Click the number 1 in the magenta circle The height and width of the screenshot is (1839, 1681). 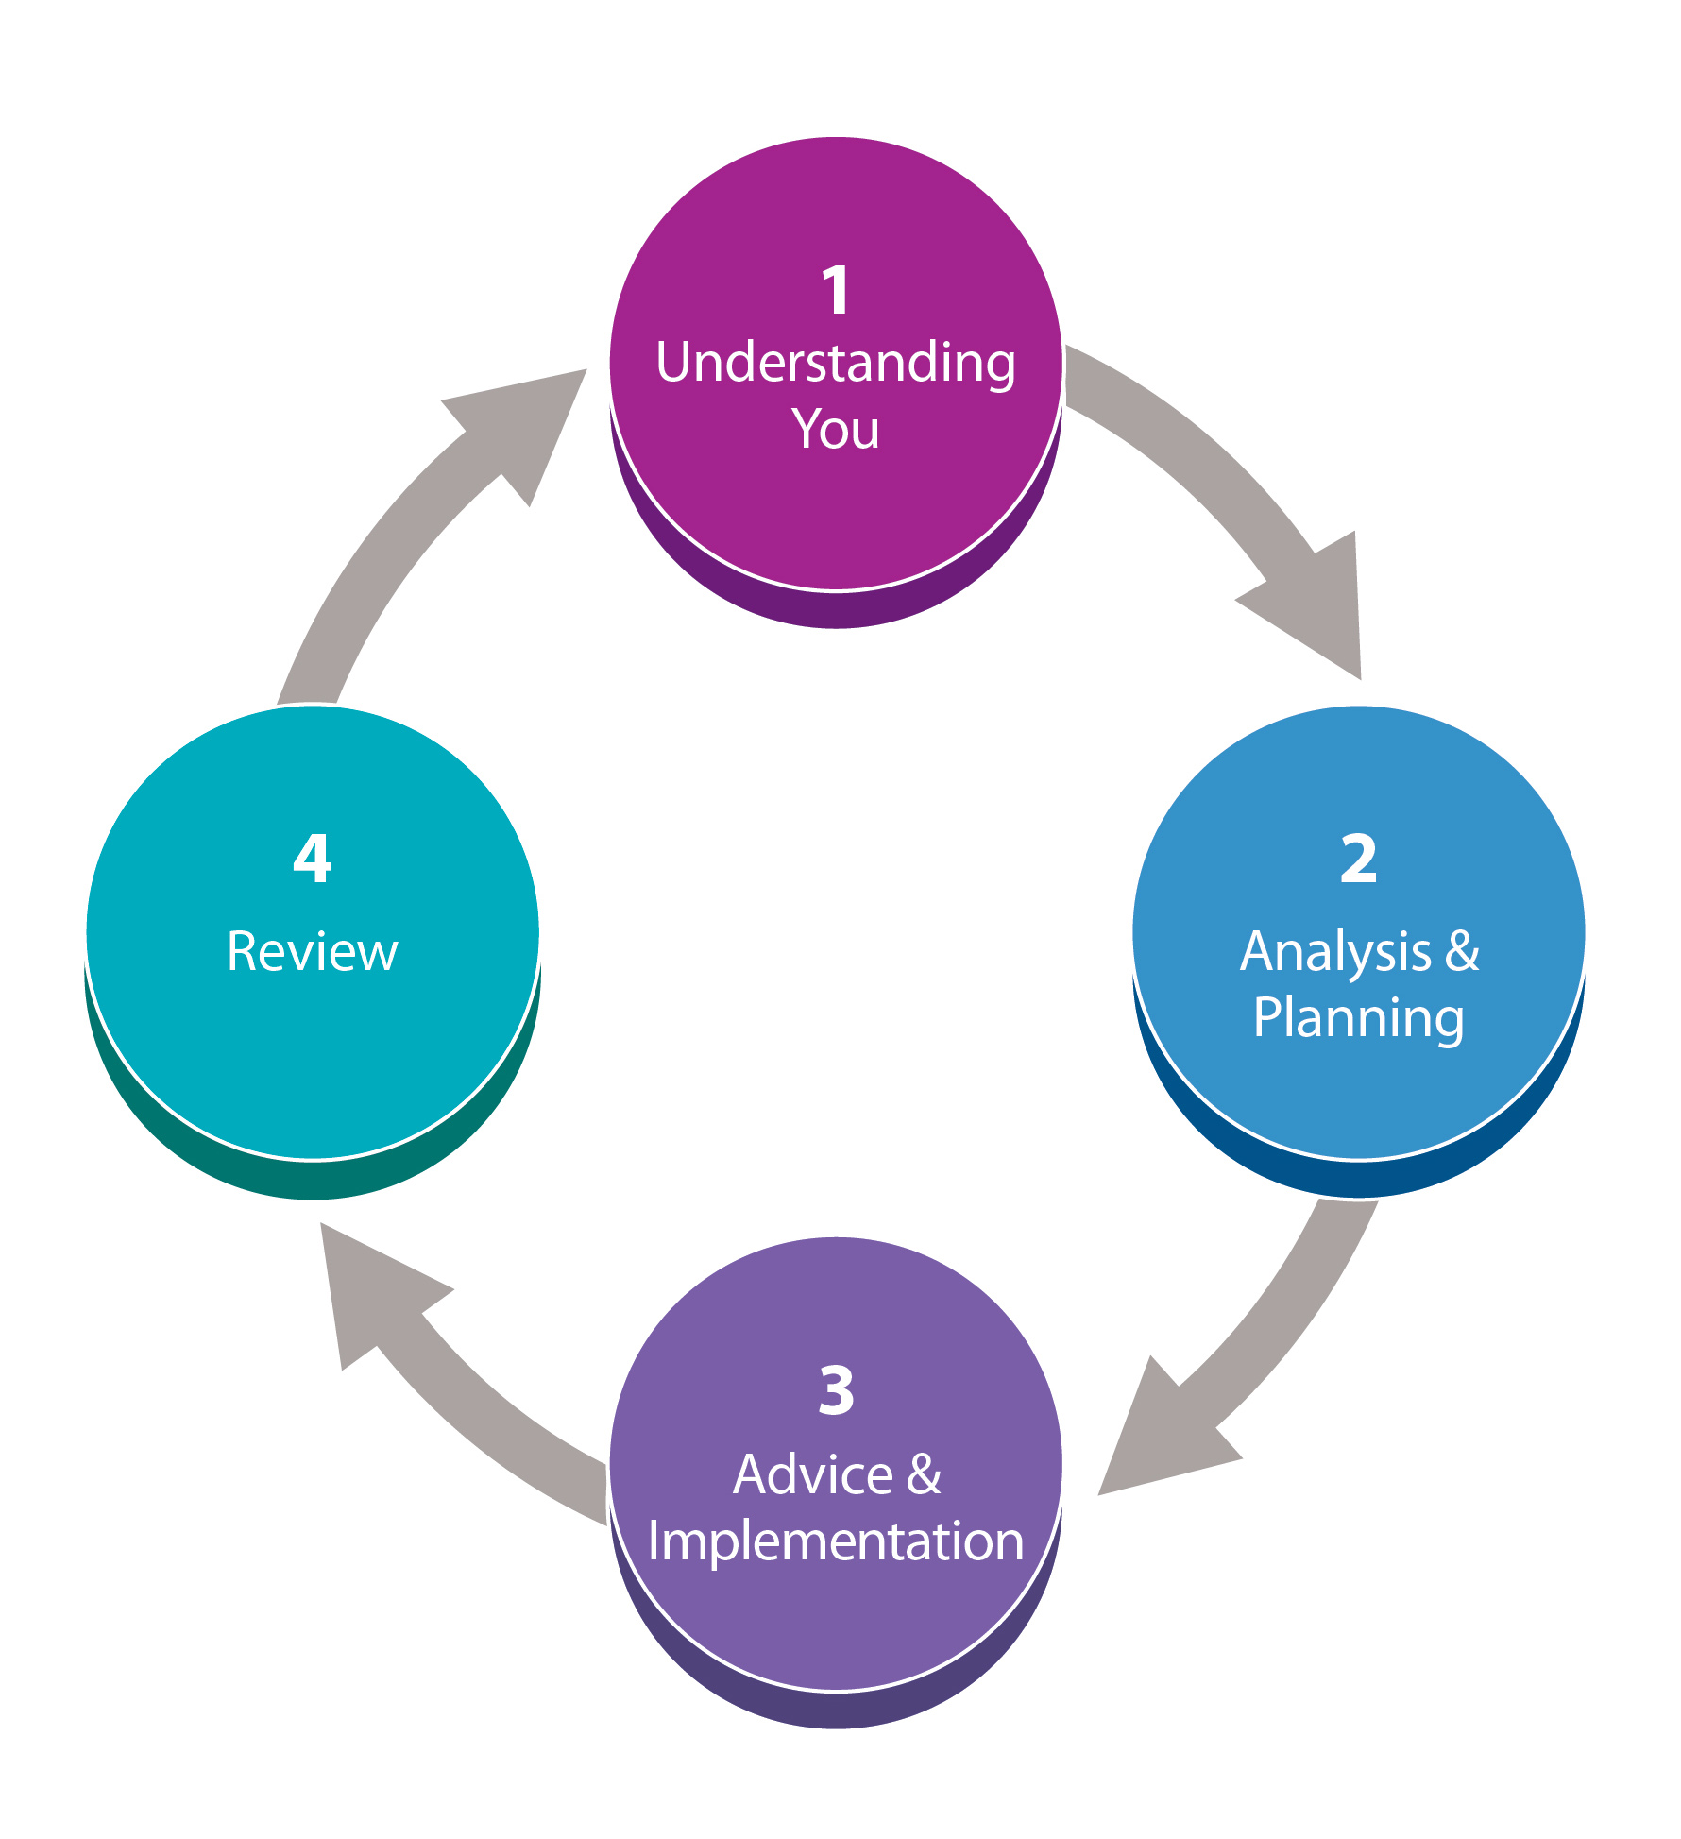click(x=836, y=290)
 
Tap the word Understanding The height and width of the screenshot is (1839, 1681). click(x=836, y=364)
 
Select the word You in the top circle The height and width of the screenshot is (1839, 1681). click(x=836, y=430)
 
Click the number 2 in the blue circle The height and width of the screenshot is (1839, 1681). click(x=1358, y=860)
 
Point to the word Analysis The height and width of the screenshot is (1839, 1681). click(x=1335, y=952)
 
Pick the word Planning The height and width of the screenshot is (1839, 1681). click(x=1358, y=1018)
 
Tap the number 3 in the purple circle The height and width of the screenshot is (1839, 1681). click(x=836, y=1391)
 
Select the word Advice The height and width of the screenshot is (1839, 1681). click(x=812, y=1474)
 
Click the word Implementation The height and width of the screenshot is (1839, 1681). click(x=836, y=1541)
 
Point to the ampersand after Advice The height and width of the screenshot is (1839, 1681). click(x=924, y=1474)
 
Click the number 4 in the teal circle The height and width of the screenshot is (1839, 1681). click(x=313, y=860)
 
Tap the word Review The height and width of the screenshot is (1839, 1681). click(x=313, y=952)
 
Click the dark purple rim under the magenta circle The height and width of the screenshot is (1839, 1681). click(x=836, y=608)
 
